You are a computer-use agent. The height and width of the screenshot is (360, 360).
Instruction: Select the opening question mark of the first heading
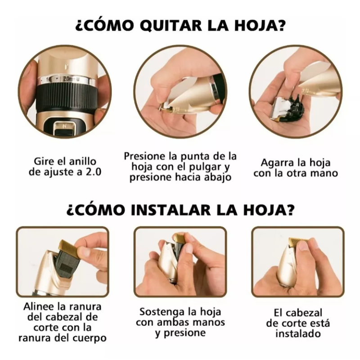[79, 25]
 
